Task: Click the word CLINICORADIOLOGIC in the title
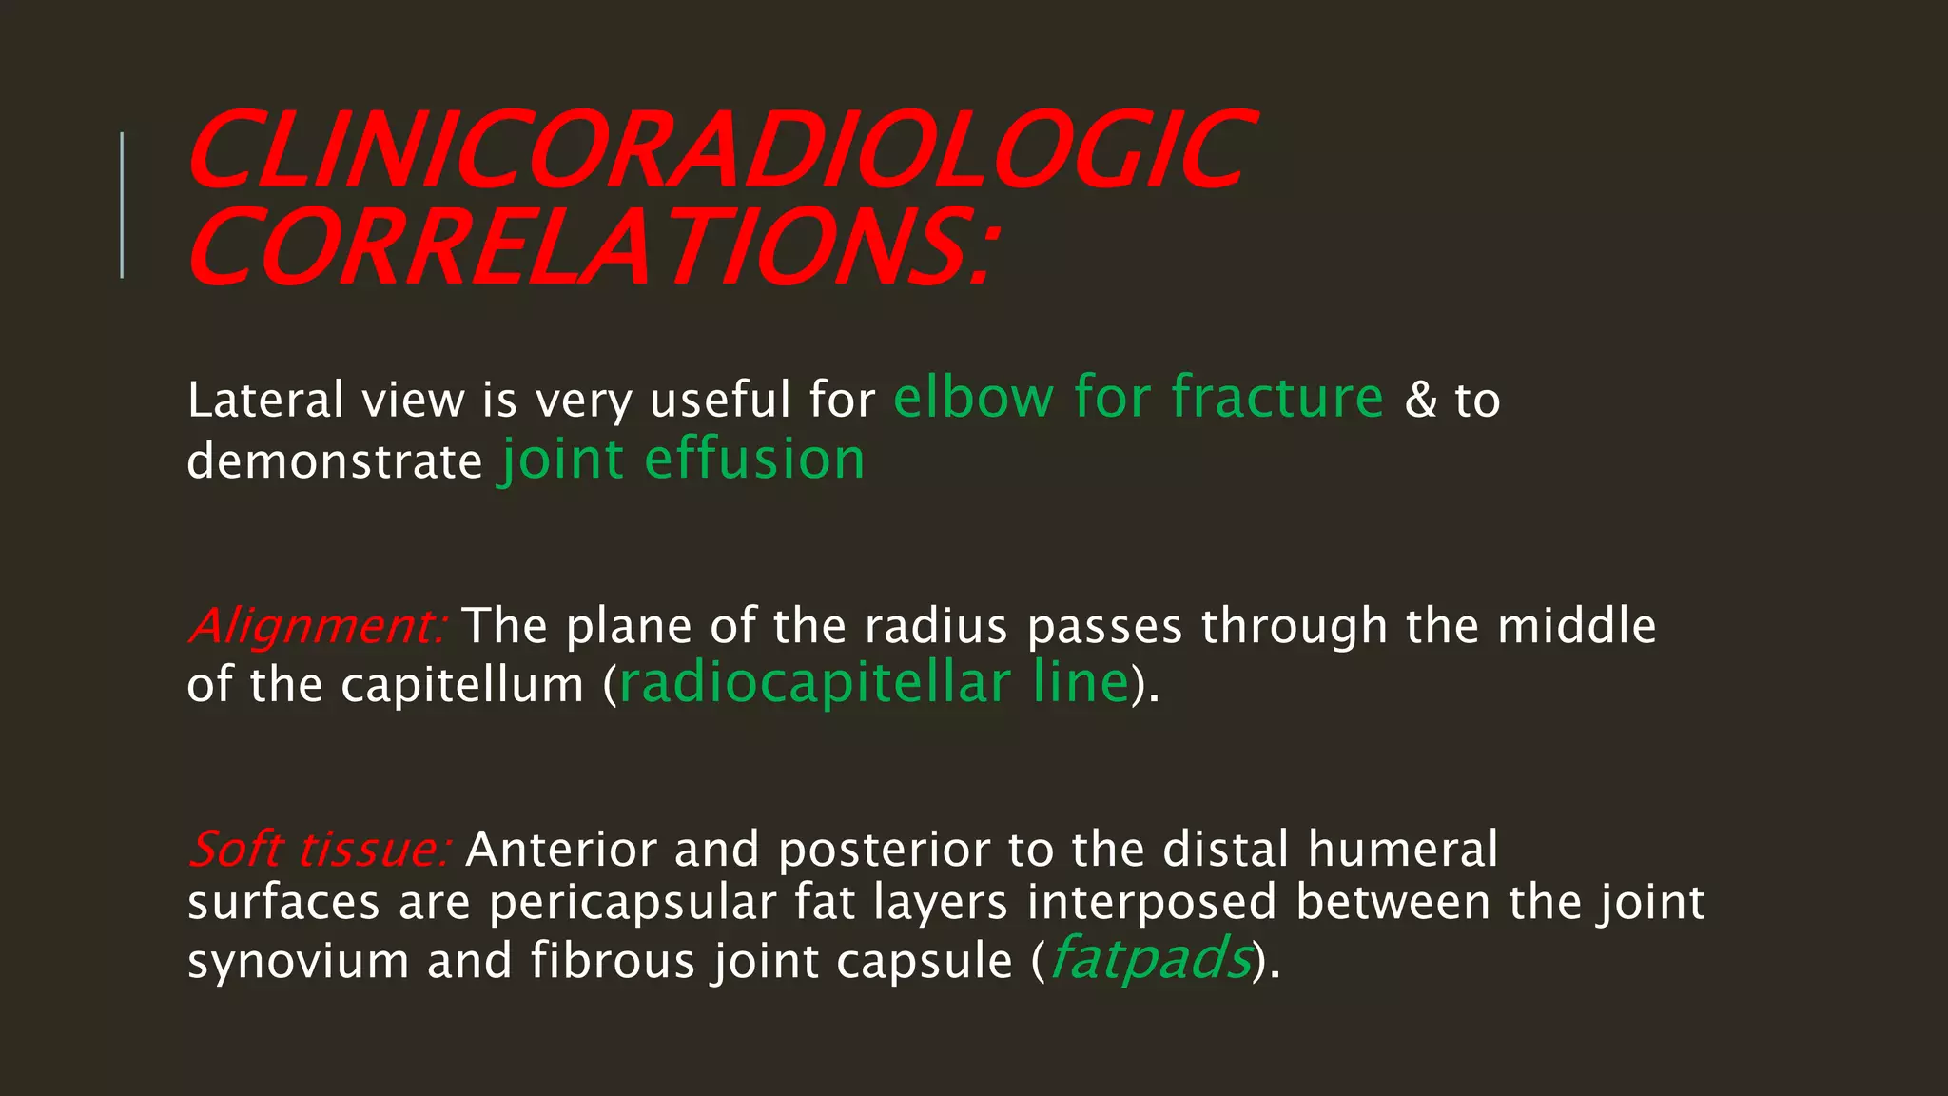[720, 150]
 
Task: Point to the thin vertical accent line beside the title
[122, 205]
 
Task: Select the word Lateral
[265, 400]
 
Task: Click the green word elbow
[973, 398]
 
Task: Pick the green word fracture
[1276, 397]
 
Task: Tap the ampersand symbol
[1421, 400]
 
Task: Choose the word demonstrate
[335, 461]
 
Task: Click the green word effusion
[754, 460]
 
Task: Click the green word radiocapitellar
[815, 684]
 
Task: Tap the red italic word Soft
[236, 849]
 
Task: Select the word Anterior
[561, 850]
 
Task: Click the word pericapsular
[633, 903]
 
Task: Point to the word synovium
[299, 961]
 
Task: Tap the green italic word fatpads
[1151, 959]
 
